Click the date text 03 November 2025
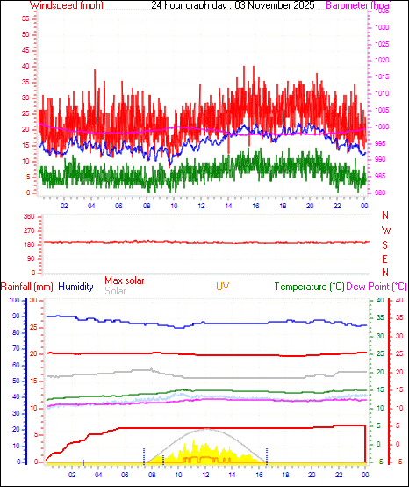(276, 5)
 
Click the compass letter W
(385, 230)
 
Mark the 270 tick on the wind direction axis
(28, 230)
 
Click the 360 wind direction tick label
(28, 216)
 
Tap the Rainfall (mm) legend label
(27, 287)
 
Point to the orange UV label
(224, 287)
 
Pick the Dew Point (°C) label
(377, 287)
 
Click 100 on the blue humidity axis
(14, 301)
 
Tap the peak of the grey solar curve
(206, 429)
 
